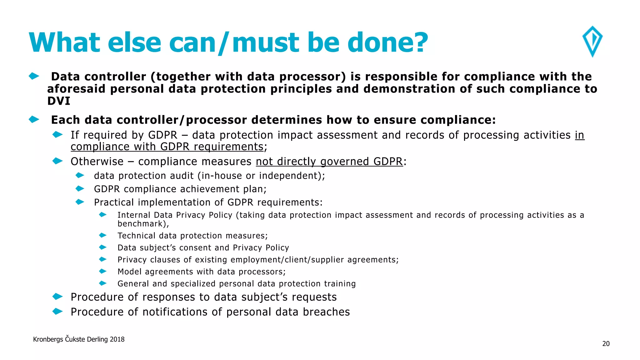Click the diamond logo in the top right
coord(592,41)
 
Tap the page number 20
coord(606,344)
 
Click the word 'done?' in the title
coord(387,42)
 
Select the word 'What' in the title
coord(64,42)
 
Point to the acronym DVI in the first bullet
coord(59,101)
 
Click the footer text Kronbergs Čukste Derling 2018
coord(79,339)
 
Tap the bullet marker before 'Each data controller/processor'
coord(34,119)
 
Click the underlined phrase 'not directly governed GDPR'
coord(329,162)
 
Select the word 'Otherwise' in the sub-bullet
coord(97,162)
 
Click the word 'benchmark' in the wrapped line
coord(142,224)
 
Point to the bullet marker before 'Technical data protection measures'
coord(103,235)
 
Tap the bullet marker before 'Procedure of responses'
coord(57,297)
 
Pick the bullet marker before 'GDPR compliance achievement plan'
coord(80,189)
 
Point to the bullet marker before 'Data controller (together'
coord(34,76)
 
